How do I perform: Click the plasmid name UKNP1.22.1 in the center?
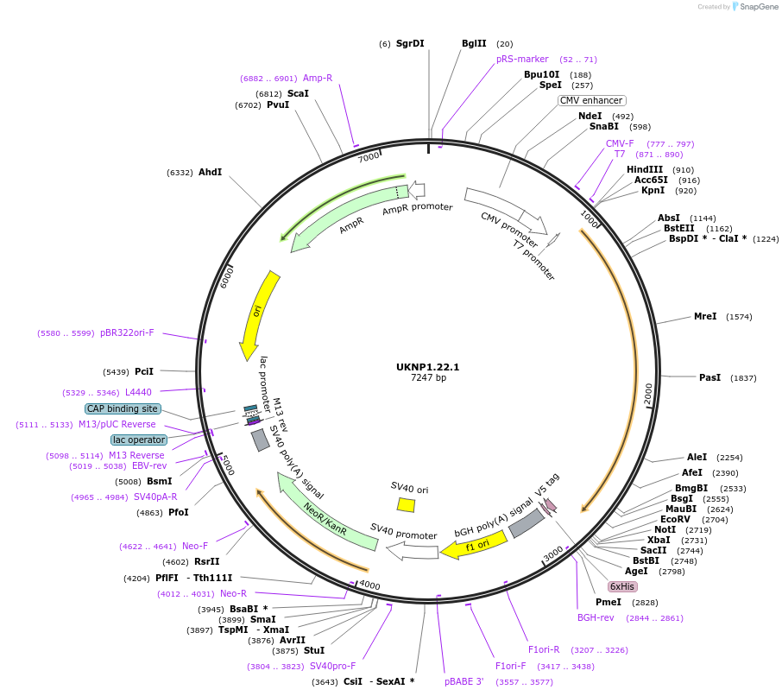[427, 366]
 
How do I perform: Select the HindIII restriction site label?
[645, 169]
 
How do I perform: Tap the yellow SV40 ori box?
[406, 504]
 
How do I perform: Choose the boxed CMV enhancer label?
[590, 100]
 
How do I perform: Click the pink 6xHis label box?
[621, 586]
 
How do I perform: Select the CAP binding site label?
[123, 408]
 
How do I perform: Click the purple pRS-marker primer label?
[522, 59]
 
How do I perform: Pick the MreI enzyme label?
[705, 317]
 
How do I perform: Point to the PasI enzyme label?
[709, 377]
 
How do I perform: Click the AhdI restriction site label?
[210, 173]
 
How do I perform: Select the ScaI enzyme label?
[298, 93]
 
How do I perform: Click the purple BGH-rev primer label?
[596, 617]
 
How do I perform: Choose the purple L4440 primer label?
[138, 392]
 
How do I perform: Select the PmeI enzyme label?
[609, 602]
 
